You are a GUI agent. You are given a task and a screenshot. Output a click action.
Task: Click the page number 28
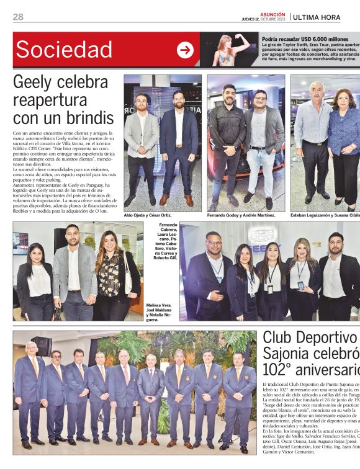(x=18, y=17)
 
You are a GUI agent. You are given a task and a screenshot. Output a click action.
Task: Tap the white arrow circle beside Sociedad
(x=185, y=50)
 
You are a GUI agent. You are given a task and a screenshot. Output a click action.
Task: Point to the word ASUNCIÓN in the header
(x=272, y=14)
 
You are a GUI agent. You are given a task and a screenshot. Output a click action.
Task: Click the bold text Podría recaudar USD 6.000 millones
(x=305, y=39)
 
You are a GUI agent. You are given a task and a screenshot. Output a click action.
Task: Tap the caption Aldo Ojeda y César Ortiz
(x=148, y=215)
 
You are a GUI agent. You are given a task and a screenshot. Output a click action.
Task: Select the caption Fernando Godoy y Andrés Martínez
(x=241, y=215)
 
